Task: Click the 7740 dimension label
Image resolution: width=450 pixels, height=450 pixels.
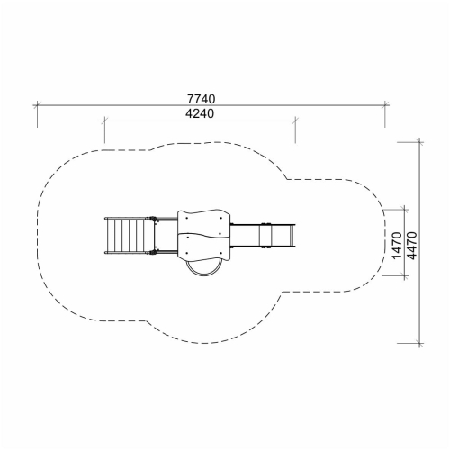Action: [202, 99]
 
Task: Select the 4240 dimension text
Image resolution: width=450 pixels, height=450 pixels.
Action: [200, 113]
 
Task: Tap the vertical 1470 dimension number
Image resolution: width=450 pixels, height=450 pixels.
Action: [397, 246]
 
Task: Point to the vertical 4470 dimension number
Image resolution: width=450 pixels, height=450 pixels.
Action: [412, 246]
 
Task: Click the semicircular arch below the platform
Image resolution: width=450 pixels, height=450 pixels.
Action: [203, 274]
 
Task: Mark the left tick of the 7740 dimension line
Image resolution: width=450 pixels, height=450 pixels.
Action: [37, 105]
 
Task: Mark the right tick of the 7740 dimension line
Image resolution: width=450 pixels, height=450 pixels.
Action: [385, 105]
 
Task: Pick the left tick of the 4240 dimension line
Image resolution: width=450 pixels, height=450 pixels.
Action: [104, 121]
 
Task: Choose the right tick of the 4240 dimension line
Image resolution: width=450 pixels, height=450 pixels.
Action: [295, 121]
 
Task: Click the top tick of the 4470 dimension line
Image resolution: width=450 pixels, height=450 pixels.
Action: [419, 142]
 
